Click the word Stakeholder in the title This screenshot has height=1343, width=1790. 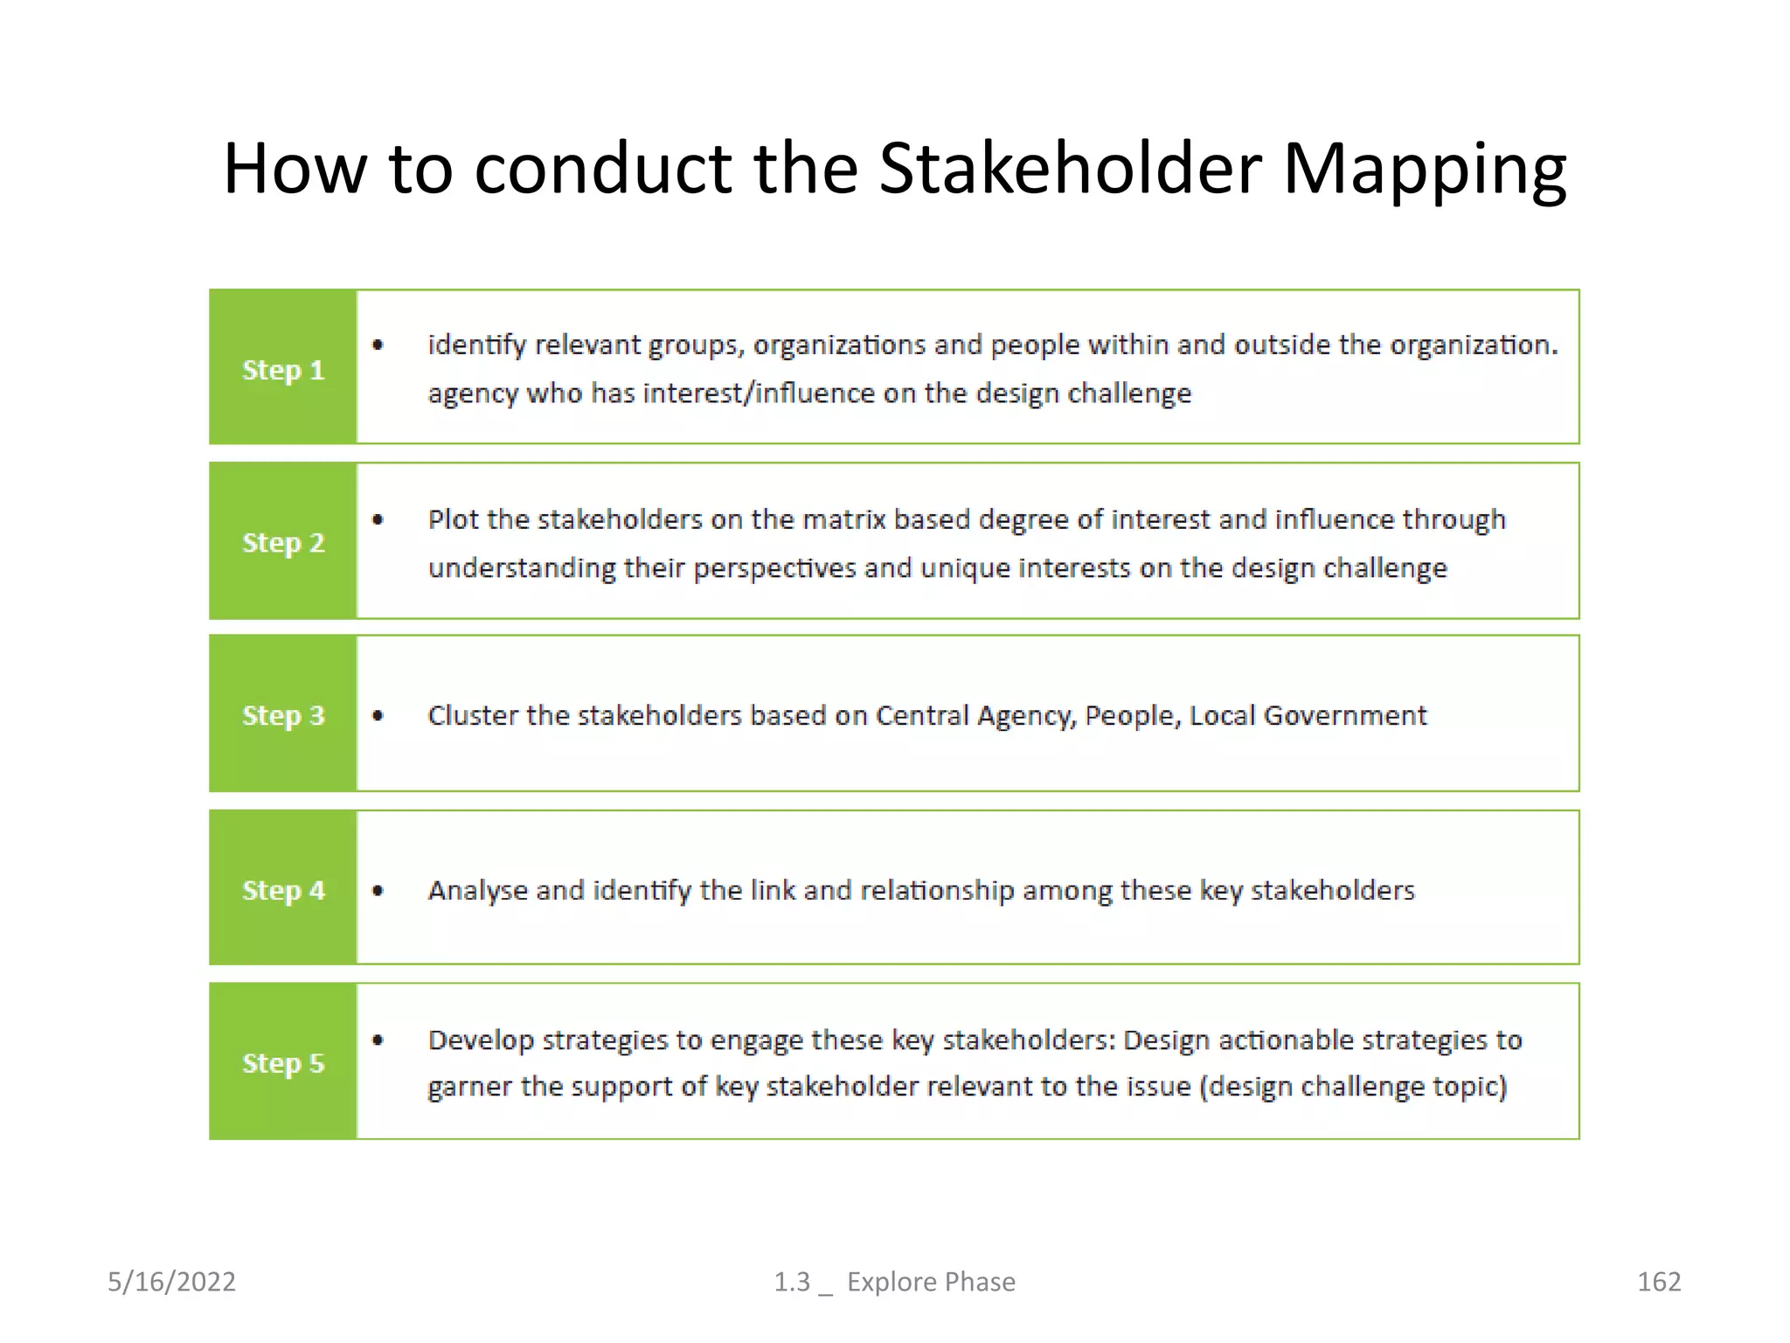click(x=1070, y=168)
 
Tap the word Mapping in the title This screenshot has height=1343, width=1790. click(x=1425, y=168)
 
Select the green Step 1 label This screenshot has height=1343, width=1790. click(x=283, y=369)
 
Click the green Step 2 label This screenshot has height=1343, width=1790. click(x=283, y=542)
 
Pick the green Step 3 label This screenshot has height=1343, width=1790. click(x=283, y=715)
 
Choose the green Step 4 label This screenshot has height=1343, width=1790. click(x=283, y=890)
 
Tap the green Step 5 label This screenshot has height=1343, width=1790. click(x=283, y=1063)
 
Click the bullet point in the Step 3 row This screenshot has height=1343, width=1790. click(x=378, y=715)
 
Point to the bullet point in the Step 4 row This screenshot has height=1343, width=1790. click(x=378, y=891)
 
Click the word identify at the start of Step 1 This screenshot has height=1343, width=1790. click(x=476, y=345)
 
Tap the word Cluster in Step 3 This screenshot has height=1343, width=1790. click(x=472, y=715)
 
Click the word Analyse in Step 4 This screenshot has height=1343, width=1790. click(x=477, y=890)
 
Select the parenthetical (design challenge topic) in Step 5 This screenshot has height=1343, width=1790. click(x=1353, y=1087)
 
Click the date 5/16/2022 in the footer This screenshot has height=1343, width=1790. click(x=171, y=1282)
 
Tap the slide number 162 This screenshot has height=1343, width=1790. click(x=1658, y=1282)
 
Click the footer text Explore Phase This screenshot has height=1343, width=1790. click(x=931, y=1282)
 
